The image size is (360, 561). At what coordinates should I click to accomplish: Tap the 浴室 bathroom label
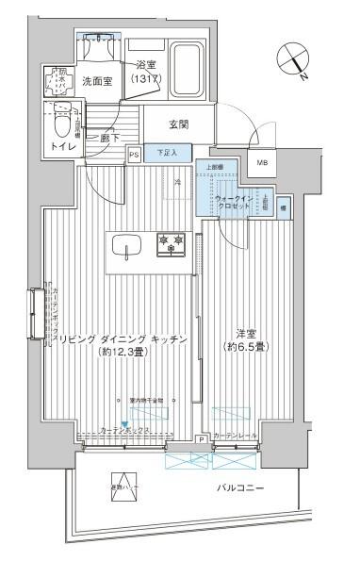145,65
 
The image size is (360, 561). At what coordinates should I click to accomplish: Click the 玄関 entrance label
180,123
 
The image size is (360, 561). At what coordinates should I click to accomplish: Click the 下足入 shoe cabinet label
168,151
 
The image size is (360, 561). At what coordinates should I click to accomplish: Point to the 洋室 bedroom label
247,335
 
